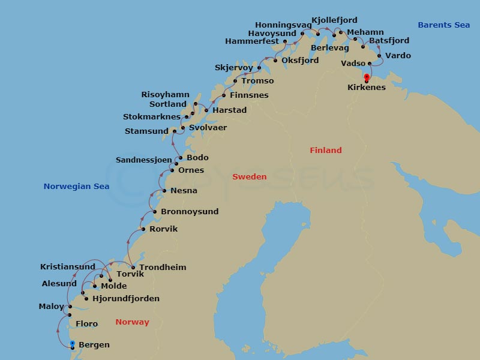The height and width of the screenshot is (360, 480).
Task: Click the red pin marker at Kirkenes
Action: point(367,77)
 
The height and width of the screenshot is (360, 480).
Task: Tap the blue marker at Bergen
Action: point(72,344)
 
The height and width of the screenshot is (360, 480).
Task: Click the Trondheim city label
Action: point(162,268)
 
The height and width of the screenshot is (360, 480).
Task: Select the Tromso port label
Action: point(257,81)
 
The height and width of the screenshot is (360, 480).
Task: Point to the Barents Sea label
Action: point(443,25)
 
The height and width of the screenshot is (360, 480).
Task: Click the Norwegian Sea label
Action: point(76,187)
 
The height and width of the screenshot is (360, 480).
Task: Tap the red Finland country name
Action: point(325,151)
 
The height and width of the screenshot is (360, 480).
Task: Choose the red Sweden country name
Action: point(249,177)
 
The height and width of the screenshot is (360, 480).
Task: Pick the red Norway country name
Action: point(132,322)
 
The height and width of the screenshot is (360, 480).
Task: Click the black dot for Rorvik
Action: point(143,229)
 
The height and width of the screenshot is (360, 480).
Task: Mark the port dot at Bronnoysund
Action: point(155,212)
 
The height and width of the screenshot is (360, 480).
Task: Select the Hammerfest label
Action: point(252,41)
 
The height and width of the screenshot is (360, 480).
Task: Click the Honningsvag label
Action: point(283,25)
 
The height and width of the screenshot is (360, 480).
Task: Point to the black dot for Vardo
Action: point(379,56)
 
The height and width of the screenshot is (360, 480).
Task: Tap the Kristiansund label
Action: point(67,267)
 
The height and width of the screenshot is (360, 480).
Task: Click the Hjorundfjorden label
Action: point(126,299)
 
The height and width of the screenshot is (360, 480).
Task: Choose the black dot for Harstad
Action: point(206,110)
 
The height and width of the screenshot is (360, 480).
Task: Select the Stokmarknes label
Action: point(151,117)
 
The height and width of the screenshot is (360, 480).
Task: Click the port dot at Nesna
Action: point(164,191)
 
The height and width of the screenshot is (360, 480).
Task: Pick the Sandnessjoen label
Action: point(143,160)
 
